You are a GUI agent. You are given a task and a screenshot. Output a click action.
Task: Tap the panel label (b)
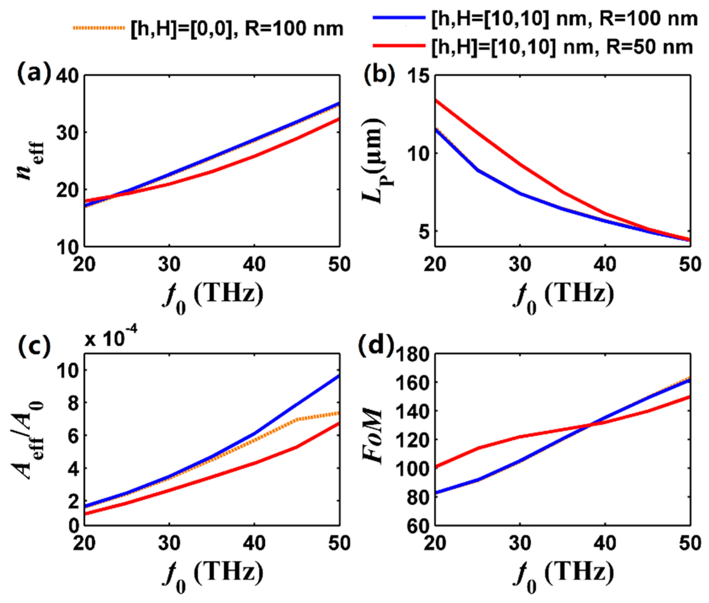click(379, 75)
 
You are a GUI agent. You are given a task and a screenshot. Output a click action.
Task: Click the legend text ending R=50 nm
click(561, 47)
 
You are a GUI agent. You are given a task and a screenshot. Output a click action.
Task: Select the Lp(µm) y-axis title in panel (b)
click(373, 161)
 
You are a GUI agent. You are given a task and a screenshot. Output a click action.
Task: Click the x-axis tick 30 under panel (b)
click(520, 264)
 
